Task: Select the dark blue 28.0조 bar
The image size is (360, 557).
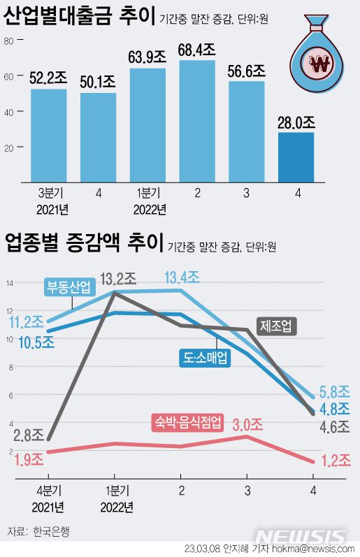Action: pos(296,157)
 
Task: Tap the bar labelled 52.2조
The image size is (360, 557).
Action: pos(48,134)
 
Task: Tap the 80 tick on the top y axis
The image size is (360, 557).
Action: pos(9,41)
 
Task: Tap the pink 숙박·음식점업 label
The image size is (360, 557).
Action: pos(187,421)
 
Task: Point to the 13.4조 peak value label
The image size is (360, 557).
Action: pos(181,277)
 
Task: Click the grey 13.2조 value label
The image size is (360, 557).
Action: pos(117,280)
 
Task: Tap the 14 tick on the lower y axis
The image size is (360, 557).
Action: pos(10,283)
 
